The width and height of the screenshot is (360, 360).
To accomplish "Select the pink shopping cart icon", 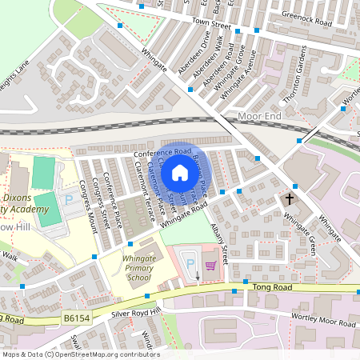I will click(x=210, y=266).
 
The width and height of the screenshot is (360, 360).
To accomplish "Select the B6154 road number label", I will click(x=77, y=318).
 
